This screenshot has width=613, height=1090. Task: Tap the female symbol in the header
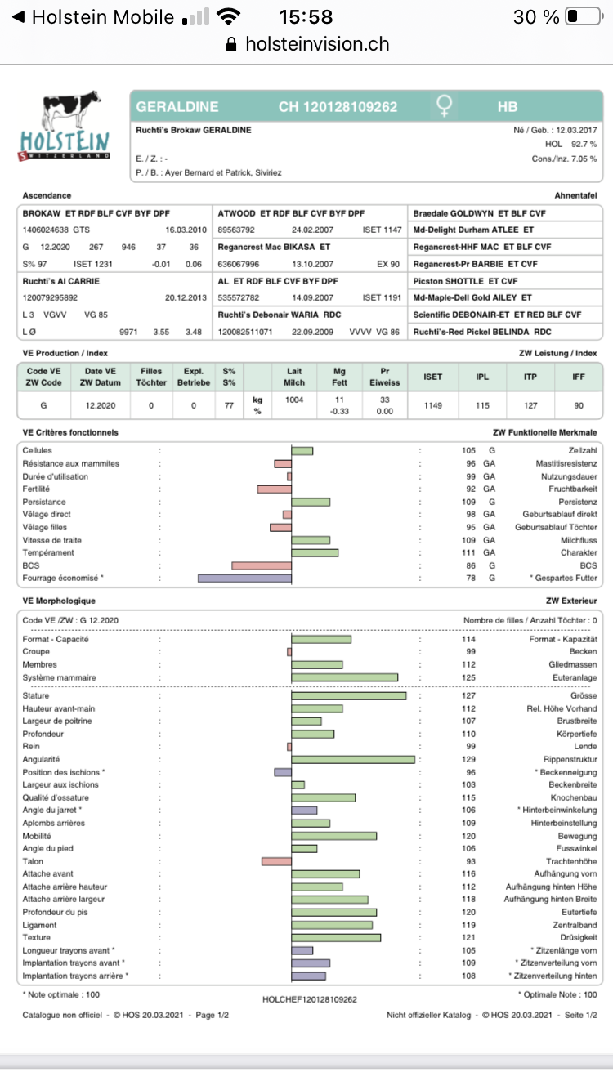tap(445, 106)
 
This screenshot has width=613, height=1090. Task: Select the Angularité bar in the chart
tap(353, 760)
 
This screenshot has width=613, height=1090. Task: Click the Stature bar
tap(349, 696)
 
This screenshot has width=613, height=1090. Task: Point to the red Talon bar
tap(276, 861)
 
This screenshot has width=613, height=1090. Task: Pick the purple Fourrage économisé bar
tap(244, 579)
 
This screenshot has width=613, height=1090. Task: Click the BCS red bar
tap(262, 565)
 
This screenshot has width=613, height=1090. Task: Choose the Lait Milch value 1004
tap(294, 400)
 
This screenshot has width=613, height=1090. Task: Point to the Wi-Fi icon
tap(230, 17)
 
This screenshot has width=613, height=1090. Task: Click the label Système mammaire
tap(59, 677)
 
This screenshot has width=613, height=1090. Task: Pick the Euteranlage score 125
tap(468, 677)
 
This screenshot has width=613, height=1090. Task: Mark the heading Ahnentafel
tap(575, 195)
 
